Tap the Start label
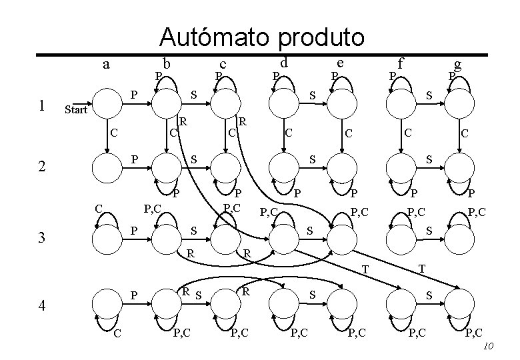75,110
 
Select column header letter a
107,65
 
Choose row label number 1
42,105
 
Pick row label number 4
42,306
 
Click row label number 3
42,237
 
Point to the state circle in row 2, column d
283,167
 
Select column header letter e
340,63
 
